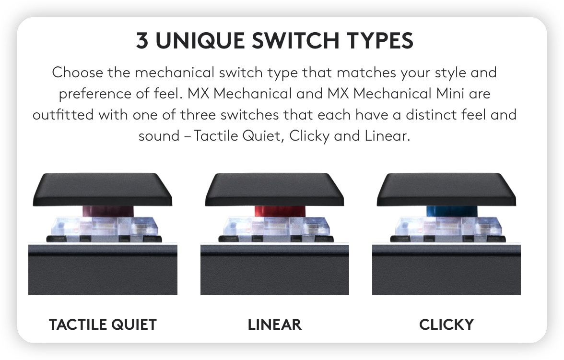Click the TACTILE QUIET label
pyautogui.click(x=103, y=324)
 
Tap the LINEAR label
pyautogui.click(x=274, y=324)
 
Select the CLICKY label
pyautogui.click(x=446, y=324)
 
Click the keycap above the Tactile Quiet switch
pyautogui.click(x=103, y=190)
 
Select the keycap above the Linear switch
pyautogui.click(x=274, y=190)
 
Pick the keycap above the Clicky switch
pyautogui.click(x=446, y=190)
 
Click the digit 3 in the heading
pyautogui.click(x=142, y=40)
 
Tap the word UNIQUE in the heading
pyautogui.click(x=200, y=41)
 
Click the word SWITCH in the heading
pyautogui.click(x=295, y=40)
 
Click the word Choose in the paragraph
pyautogui.click(x=77, y=72)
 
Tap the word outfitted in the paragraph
pyautogui.click(x=63, y=115)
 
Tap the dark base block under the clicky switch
pyautogui.click(x=446, y=270)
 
